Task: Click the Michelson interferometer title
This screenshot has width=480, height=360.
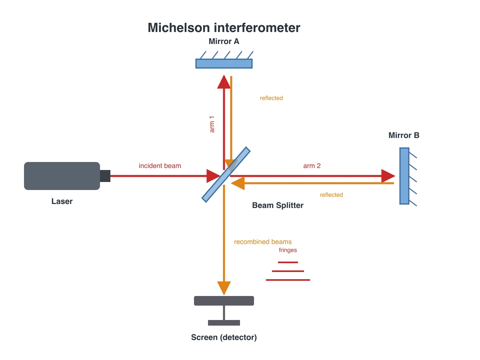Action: pos(224,28)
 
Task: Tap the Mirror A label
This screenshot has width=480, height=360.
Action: pos(224,41)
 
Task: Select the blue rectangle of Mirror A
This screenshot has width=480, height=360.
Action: pos(224,64)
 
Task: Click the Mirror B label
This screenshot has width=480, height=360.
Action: pos(404,135)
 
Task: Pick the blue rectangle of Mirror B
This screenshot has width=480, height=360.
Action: pos(404,176)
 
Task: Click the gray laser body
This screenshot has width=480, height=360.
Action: pos(62,176)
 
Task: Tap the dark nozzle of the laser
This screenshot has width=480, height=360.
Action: pos(105,176)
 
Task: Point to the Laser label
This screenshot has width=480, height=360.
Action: pos(62,201)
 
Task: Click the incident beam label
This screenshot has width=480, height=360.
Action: pos(160,166)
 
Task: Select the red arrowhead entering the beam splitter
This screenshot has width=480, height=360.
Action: pos(213,176)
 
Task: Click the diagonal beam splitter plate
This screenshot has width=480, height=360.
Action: pos(226,175)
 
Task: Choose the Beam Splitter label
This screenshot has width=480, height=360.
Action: pos(278,206)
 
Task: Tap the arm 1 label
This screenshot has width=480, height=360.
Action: pos(212,124)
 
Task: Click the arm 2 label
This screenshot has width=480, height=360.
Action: pos(312,166)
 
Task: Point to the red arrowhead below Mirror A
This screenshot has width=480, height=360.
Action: pos(224,82)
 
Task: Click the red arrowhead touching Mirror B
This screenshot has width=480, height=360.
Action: pos(388,176)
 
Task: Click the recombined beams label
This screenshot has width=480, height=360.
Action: pos(263,242)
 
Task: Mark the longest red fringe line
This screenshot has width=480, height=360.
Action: pos(288,280)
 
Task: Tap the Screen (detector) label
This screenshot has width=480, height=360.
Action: pos(224,338)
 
